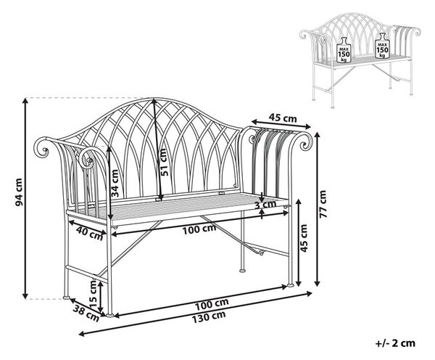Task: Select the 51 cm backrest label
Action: pos(164,163)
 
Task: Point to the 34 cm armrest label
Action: pos(115,183)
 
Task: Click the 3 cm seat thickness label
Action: pos(265,205)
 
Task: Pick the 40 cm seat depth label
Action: pos(89,233)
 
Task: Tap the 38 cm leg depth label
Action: pos(86,313)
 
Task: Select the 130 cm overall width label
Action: pos(209,316)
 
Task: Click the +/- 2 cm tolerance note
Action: pos(395,343)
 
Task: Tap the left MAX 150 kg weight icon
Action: pos(344,49)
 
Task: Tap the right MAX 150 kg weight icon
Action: pos(382,45)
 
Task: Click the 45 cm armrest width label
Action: pos(283,118)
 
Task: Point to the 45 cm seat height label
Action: pos(304,238)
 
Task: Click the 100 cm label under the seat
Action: pos(199,229)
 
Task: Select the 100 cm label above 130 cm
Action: pos(212,304)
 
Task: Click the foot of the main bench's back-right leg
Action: pos(242,269)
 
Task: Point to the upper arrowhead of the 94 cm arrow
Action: pos(25,101)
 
